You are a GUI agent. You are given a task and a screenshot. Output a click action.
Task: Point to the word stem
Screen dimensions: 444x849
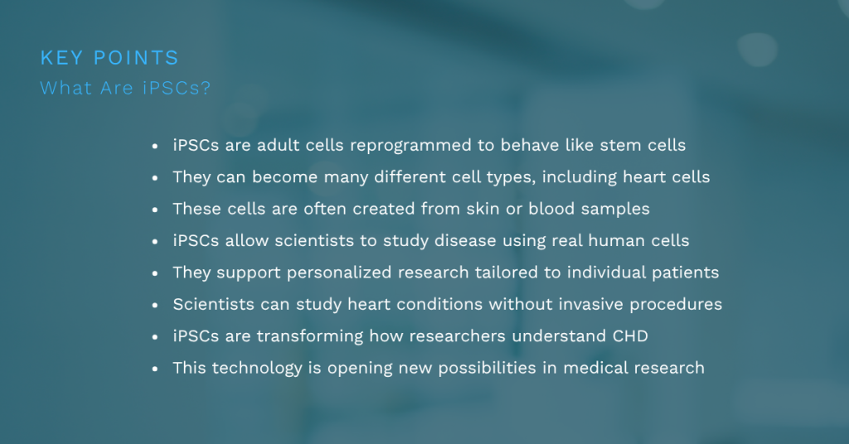tap(617, 146)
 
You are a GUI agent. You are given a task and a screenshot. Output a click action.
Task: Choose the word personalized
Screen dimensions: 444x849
tap(347, 273)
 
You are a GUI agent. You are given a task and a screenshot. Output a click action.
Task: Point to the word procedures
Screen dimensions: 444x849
tap(676, 305)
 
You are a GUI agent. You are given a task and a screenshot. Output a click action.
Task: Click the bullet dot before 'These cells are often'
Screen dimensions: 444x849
tap(155, 210)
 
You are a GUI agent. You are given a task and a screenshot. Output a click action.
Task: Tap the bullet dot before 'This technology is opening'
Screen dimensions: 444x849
tap(155, 368)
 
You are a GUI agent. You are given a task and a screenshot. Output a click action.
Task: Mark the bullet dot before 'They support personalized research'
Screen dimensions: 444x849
tap(155, 273)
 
